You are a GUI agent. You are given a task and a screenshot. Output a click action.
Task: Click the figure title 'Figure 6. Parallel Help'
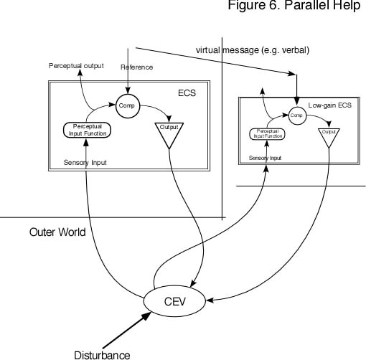(x=296, y=6)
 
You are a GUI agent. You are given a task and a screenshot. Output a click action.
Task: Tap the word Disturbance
(x=103, y=354)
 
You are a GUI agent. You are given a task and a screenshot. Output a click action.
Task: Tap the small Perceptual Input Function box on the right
(x=266, y=134)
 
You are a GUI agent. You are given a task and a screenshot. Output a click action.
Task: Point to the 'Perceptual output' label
(x=76, y=66)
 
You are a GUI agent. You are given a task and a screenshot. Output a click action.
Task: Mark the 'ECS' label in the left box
(x=185, y=93)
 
